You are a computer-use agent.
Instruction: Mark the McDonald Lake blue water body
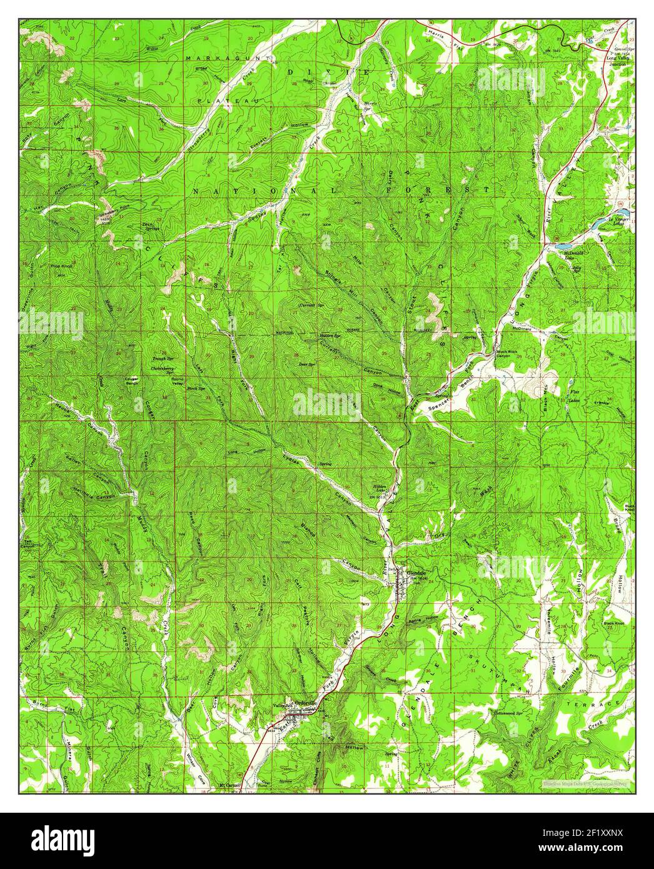tap(566, 245)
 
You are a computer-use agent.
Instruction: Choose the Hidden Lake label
tap(382, 488)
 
